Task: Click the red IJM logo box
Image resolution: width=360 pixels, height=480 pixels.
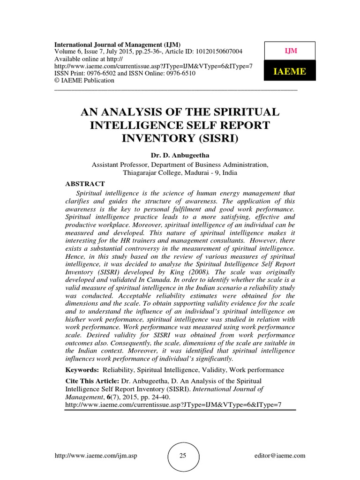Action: point(290,51)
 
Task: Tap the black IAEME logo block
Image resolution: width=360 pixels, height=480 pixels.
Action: point(290,71)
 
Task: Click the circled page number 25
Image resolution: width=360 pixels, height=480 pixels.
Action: point(184,455)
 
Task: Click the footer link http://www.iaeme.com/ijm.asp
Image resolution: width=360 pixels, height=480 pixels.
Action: point(93,455)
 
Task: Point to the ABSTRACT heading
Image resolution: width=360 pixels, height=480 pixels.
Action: point(85,184)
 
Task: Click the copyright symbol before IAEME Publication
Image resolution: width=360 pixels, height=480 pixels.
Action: point(58,80)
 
